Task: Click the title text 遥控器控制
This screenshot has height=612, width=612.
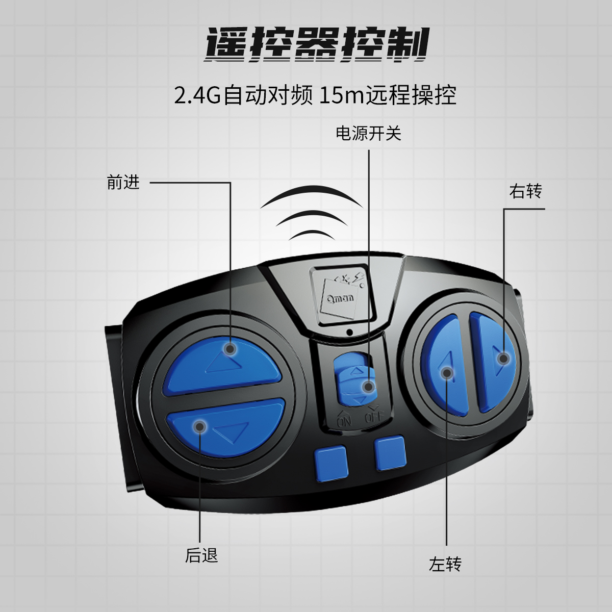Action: (x=316, y=45)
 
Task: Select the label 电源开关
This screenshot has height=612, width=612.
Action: (x=368, y=134)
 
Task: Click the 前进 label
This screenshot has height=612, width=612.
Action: (x=123, y=182)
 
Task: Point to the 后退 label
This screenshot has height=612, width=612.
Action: (x=201, y=555)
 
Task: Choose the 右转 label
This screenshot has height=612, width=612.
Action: (x=525, y=191)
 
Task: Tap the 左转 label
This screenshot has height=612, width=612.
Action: (x=445, y=565)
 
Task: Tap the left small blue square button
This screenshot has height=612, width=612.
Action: (x=330, y=464)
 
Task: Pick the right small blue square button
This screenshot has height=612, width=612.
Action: (x=390, y=453)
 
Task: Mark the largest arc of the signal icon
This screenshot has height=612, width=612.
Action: (x=311, y=196)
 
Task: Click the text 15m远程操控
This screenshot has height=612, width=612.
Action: (x=388, y=95)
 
